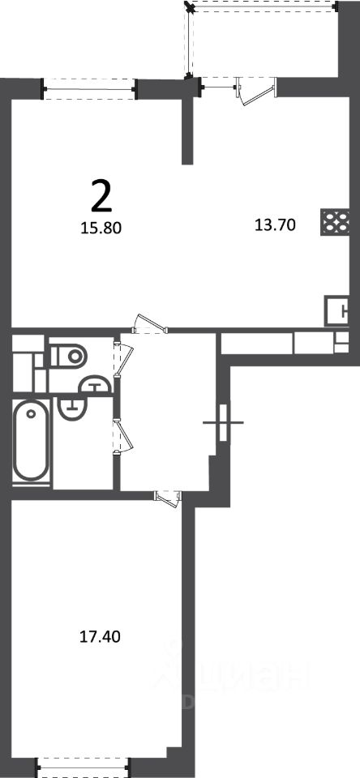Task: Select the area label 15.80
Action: coord(101,228)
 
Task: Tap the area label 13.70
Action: coord(275,226)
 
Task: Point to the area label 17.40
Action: coord(101,636)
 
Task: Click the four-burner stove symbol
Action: coord(335,222)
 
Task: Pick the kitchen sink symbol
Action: coord(337,310)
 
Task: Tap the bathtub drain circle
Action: coord(32,413)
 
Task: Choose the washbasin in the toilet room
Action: coord(95,383)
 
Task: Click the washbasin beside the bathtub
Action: coord(72,407)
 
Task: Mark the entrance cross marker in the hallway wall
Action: coord(223,423)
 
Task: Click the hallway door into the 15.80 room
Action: coord(150,323)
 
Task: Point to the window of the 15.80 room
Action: coord(89,89)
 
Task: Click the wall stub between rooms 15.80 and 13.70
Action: coord(187,130)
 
